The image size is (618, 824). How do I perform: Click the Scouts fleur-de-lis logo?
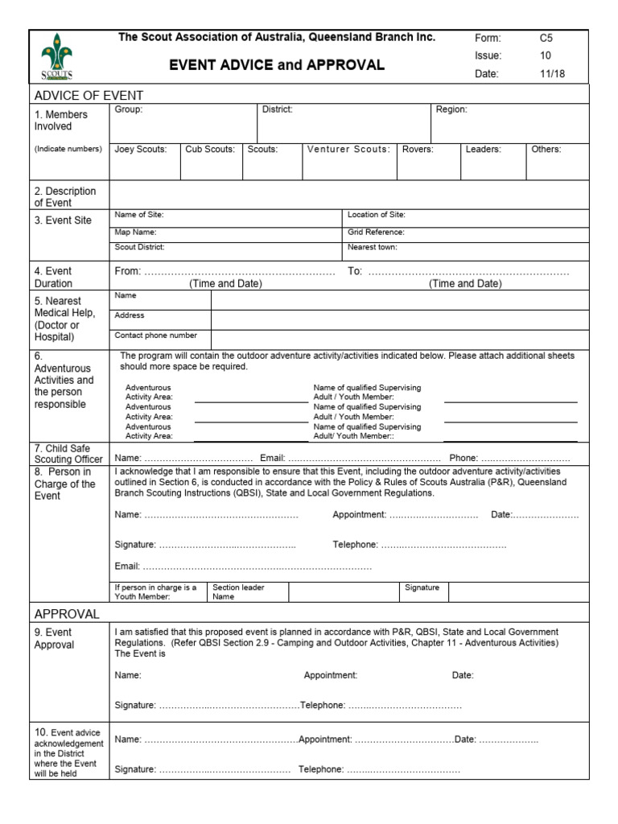pyautogui.click(x=56, y=56)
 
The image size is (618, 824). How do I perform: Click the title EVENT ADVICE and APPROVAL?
pyautogui.click(x=277, y=65)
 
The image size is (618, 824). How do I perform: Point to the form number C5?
pyautogui.click(x=546, y=38)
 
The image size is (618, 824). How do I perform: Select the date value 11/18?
pyautogui.click(x=551, y=74)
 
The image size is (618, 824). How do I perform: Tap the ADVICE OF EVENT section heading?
pyautogui.click(x=77, y=95)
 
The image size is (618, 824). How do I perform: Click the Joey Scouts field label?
pyautogui.click(x=141, y=149)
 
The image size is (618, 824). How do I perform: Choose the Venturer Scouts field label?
pyautogui.click(x=348, y=149)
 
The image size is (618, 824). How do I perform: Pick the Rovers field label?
pyautogui.click(x=418, y=149)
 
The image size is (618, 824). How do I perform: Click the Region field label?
pyautogui.click(x=451, y=109)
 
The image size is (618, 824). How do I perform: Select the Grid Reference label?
pyautogui.click(x=376, y=231)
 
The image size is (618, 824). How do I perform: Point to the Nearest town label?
pyautogui.click(x=373, y=247)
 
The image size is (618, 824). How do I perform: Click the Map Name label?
pyautogui.click(x=134, y=231)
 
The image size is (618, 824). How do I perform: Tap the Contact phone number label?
pyautogui.click(x=155, y=336)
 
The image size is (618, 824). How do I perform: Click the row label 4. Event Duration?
pyautogui.click(x=53, y=277)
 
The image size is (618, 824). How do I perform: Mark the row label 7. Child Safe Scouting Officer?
pyautogui.click(x=68, y=453)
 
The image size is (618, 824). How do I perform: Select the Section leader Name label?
pyautogui.click(x=238, y=592)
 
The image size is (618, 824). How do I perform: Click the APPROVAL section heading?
pyautogui.click(x=67, y=614)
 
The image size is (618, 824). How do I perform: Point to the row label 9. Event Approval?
pyautogui.click(x=54, y=638)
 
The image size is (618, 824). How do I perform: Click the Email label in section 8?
pyautogui.click(x=127, y=566)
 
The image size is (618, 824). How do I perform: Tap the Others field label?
pyautogui.click(x=546, y=149)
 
